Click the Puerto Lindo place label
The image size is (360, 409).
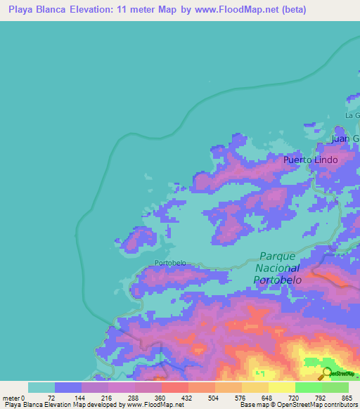(310, 160)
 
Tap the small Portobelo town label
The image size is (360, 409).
(170, 263)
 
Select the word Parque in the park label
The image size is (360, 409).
(278, 257)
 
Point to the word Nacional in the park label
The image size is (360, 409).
(276, 268)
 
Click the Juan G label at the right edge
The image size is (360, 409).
(345, 138)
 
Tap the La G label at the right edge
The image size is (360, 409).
(352, 115)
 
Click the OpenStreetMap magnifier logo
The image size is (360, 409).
(326, 373)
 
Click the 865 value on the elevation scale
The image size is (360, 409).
(347, 397)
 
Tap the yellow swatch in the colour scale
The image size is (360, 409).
(281, 387)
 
